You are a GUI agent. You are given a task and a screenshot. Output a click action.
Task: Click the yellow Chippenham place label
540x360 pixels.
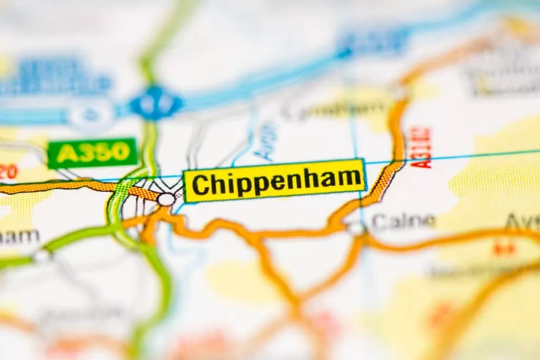pos(274,180)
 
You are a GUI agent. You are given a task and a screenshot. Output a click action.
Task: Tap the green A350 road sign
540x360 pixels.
pos(92,153)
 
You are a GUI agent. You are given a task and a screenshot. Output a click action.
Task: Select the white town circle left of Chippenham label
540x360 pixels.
pos(166,199)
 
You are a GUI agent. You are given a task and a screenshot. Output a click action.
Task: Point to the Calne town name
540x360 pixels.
pos(403,221)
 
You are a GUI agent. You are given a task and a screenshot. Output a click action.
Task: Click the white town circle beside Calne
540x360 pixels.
pos(356,228)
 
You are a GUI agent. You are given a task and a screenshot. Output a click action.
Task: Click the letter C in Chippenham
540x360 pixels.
pos(199,184)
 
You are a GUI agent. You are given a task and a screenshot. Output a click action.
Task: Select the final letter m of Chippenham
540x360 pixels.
pos(351,180)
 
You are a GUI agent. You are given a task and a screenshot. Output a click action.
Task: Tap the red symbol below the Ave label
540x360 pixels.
pos(504,248)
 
